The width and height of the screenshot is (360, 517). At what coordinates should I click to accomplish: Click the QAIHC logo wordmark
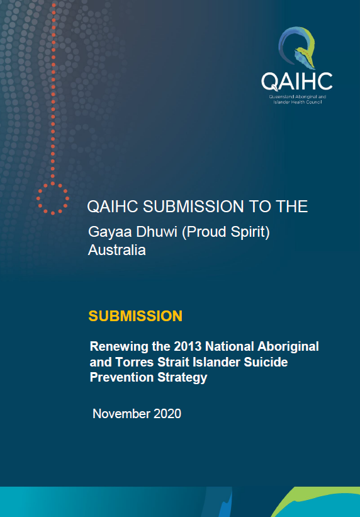pyautogui.click(x=296, y=82)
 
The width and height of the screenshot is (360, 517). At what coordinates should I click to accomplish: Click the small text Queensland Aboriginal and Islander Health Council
pyautogui.click(x=297, y=99)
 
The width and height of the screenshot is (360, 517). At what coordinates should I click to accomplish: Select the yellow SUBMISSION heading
pyautogui.click(x=135, y=316)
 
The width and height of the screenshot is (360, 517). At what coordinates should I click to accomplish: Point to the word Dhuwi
pyautogui.click(x=156, y=232)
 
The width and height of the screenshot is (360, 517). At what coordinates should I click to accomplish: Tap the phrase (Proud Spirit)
pyautogui.click(x=225, y=232)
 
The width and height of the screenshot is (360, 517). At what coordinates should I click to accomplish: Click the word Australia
pyautogui.click(x=116, y=250)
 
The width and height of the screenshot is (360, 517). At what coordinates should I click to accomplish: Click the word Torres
pyautogui.click(x=135, y=362)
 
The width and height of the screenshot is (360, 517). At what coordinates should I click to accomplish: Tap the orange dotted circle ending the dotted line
pyautogui.click(x=53, y=198)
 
